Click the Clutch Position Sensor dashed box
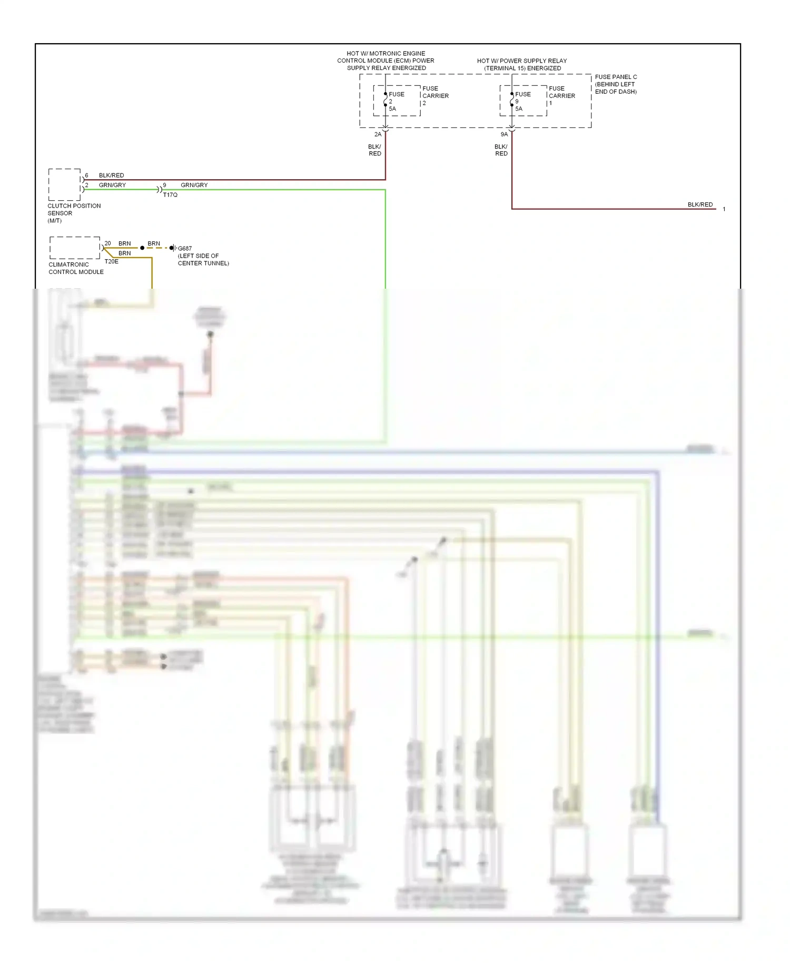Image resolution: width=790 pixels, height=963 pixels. (x=64, y=184)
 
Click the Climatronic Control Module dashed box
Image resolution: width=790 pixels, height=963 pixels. (x=74, y=248)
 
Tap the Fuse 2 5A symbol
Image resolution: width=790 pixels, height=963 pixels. (x=386, y=100)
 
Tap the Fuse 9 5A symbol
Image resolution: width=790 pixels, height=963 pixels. (x=512, y=100)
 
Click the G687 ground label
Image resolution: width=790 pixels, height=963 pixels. (x=185, y=249)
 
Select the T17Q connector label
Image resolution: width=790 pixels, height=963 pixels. (x=170, y=195)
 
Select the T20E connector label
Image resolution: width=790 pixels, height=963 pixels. (x=111, y=261)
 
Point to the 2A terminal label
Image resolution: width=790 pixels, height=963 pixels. (x=378, y=134)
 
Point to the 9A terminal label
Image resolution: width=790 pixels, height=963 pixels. (x=504, y=134)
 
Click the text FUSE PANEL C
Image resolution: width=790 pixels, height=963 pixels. (x=616, y=77)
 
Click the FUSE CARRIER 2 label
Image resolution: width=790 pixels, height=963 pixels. (x=435, y=95)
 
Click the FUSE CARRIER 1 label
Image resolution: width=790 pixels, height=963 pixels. (x=561, y=95)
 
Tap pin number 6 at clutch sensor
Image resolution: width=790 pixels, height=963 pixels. (x=87, y=175)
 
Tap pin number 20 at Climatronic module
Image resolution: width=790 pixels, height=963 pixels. (x=107, y=243)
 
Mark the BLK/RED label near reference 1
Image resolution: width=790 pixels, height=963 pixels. (x=700, y=204)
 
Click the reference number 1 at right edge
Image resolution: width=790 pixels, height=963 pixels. (x=724, y=209)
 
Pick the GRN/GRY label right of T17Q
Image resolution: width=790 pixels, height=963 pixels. (x=194, y=185)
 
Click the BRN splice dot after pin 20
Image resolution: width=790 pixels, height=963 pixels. (x=142, y=248)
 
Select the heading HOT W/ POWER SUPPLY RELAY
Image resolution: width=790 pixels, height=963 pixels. (x=522, y=61)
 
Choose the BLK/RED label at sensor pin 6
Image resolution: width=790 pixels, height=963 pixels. (x=111, y=175)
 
